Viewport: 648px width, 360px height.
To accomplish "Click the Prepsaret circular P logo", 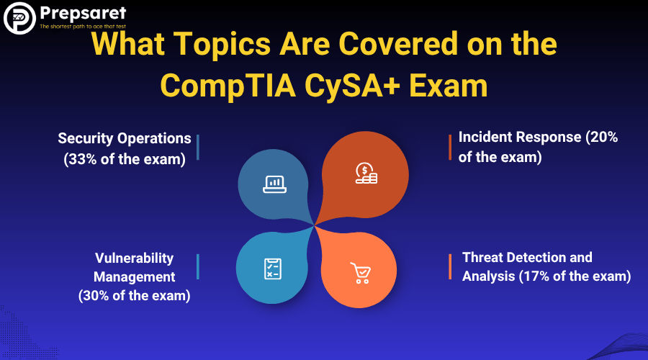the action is pyautogui.click(x=19, y=18).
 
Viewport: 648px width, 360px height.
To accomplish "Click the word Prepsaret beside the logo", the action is pyautogui.click(x=83, y=14).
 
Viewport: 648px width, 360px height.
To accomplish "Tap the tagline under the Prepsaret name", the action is pyautogui.click(x=83, y=27).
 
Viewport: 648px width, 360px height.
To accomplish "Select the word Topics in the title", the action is pyautogui.click(x=222, y=44).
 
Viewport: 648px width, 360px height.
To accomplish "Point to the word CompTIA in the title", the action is pyautogui.click(x=228, y=86).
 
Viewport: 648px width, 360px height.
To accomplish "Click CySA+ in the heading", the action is pyautogui.click(x=353, y=86).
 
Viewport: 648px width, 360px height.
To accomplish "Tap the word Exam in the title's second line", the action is pyautogui.click(x=449, y=86).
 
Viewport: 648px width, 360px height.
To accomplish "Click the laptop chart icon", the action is pyautogui.click(x=274, y=184).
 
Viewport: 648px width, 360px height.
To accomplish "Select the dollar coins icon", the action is pyautogui.click(x=366, y=174).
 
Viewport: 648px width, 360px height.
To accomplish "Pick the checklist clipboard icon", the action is pyautogui.click(x=273, y=269).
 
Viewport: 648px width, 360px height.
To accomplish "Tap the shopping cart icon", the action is pyautogui.click(x=361, y=273).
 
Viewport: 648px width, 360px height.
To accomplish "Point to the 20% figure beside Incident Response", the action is pyautogui.click(x=604, y=137).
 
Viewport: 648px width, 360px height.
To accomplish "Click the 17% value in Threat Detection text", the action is pyautogui.click(x=536, y=276).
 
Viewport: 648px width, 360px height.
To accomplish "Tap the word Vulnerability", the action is pyautogui.click(x=135, y=258).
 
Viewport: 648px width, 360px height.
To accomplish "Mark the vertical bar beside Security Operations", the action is pyautogui.click(x=198, y=147).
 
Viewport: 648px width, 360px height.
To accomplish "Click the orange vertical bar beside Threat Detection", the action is pyautogui.click(x=450, y=266).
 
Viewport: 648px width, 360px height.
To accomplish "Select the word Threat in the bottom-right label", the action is pyautogui.click(x=482, y=258).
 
